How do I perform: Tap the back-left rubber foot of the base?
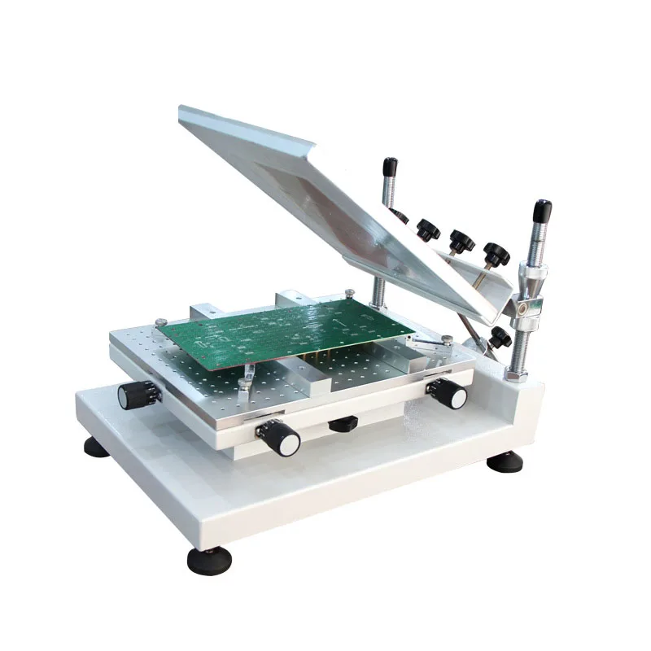(96, 447)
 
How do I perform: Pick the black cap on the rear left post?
(391, 167)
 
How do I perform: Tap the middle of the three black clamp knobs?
(461, 241)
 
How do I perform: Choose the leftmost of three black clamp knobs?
(426, 229)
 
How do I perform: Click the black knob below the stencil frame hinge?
(498, 337)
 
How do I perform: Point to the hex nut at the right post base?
(516, 374)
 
